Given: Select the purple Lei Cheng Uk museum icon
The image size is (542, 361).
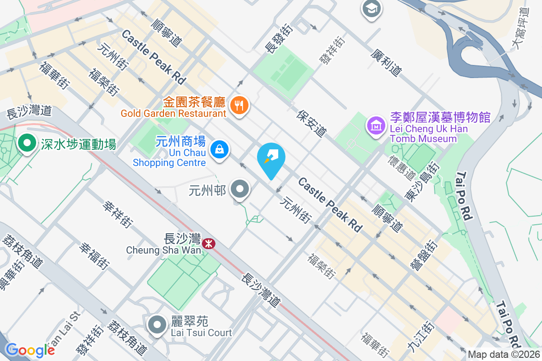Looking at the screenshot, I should click(376, 125).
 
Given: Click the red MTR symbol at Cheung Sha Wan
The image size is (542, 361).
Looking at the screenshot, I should click(209, 244).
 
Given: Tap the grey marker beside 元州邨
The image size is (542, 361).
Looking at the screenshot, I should click(240, 190).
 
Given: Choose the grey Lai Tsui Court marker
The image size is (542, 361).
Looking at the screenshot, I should click(157, 324).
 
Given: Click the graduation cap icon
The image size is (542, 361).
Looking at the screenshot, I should click(372, 8).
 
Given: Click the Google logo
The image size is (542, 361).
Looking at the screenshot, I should click(30, 350).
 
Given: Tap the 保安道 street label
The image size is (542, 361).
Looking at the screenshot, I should click(312, 123).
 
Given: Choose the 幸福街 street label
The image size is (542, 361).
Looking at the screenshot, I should click(94, 255).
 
